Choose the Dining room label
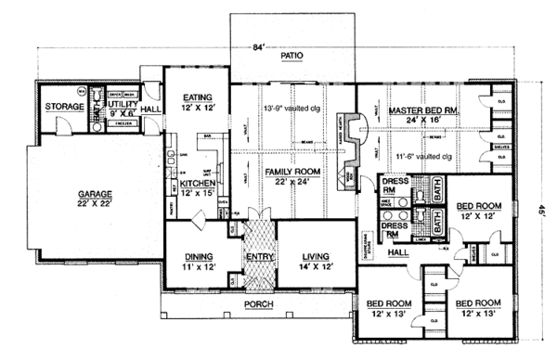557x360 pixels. (200, 255)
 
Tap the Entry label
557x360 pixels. (258, 255)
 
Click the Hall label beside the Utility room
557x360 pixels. (151, 108)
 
